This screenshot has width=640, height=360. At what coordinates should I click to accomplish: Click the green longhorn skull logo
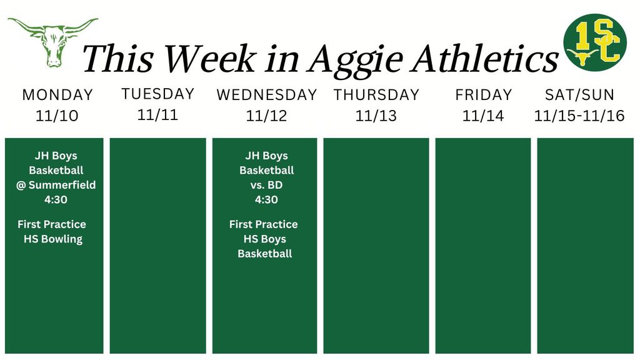52,41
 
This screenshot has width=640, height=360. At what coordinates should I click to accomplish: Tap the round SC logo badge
594,42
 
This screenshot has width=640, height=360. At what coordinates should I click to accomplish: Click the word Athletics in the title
487,59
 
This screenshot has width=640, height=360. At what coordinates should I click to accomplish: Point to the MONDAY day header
57,95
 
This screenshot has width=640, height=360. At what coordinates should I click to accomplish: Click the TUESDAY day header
157,94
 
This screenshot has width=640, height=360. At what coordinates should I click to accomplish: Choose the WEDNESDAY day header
267,95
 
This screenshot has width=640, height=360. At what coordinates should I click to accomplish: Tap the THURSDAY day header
376,95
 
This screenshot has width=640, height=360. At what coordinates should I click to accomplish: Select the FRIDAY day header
483,95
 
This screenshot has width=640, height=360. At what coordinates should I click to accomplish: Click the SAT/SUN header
579,95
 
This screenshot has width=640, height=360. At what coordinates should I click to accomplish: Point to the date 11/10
57,116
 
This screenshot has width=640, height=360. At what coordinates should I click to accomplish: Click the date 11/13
376,116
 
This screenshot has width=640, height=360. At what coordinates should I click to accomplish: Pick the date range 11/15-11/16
579,116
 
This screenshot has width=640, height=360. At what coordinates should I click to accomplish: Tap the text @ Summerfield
56,185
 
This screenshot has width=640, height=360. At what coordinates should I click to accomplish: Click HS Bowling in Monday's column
53,239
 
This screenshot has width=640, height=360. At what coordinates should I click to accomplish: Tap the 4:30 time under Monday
56,200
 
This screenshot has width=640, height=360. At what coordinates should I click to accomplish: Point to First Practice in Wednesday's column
264,224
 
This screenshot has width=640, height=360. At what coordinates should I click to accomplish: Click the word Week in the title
209,59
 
